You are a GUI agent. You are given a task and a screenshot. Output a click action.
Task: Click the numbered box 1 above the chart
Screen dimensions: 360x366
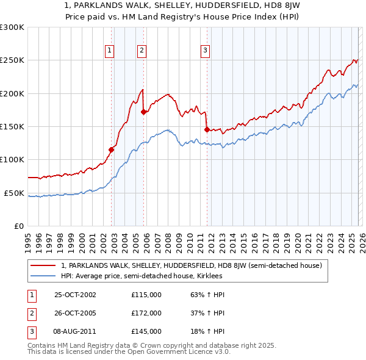pos(109,51)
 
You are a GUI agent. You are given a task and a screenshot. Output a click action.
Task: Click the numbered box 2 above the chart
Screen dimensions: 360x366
pos(142,51)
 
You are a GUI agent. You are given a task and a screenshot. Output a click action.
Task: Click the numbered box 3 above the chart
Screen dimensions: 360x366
pos(205,51)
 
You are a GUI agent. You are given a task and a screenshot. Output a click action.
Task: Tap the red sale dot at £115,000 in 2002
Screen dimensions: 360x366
pos(112,149)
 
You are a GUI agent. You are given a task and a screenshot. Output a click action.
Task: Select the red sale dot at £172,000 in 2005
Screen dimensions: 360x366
pos(144,112)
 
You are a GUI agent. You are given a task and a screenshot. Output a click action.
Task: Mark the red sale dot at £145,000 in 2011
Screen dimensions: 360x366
pos(207,129)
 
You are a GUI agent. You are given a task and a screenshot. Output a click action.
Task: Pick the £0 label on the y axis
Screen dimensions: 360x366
pos(18,226)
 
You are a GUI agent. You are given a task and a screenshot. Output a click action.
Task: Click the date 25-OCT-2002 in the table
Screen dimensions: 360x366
pos(75,295)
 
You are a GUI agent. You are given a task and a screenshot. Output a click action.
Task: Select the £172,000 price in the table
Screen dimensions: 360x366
pos(146,313)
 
